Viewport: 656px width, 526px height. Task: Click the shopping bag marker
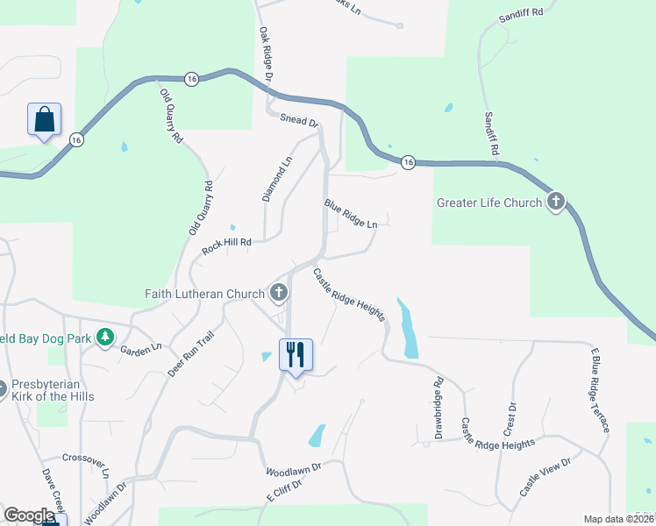click(45, 120)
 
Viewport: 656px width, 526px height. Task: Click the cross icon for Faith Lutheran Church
click(279, 293)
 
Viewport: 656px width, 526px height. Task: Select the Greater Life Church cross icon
click(554, 203)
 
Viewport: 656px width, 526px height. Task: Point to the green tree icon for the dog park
click(105, 337)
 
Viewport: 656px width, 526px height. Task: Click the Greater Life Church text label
click(489, 203)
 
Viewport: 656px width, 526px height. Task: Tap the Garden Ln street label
click(141, 348)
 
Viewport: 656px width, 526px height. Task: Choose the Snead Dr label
click(297, 121)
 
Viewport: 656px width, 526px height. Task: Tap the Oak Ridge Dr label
click(266, 55)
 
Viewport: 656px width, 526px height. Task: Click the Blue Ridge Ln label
click(351, 213)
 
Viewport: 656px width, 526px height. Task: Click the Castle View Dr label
click(545, 477)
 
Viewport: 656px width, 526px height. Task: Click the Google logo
click(29, 515)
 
